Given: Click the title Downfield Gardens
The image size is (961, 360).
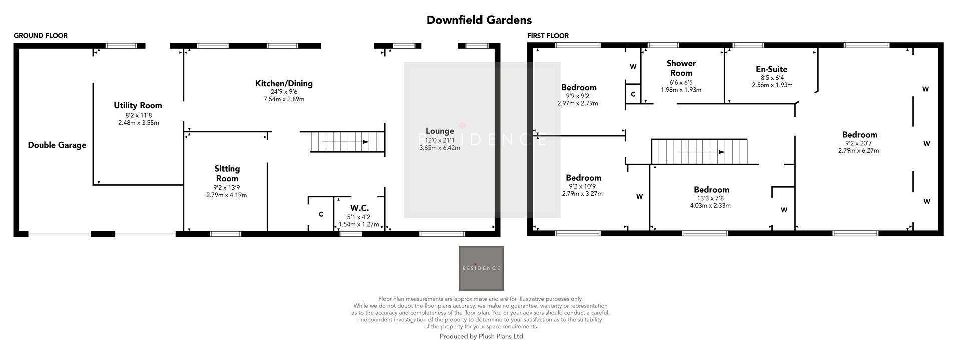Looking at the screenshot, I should point(479,20).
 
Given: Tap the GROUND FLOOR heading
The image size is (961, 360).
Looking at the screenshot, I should point(41,36).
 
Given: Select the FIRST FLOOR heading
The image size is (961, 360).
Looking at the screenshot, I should point(548,36).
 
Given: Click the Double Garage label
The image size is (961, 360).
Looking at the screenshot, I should point(57,145).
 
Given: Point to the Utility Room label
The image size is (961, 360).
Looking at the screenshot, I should point(138,106).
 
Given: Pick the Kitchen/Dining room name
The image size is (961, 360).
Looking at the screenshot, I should point(284,84).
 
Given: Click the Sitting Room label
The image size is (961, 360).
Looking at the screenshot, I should point(227,174).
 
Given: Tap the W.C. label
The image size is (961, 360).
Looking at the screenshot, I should point(359,208).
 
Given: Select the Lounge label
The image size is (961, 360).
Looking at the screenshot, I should point(440,131).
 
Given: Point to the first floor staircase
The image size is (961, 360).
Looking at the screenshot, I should point(699,152).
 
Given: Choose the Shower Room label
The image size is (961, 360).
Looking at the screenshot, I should point(681,68).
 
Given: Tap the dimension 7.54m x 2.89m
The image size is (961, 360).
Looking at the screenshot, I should point(284,99).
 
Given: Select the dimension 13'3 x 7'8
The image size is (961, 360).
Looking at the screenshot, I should point(711,198).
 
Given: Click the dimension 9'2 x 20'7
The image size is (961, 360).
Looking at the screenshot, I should point(859,143).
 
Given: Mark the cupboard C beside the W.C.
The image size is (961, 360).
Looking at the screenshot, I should point(321,214).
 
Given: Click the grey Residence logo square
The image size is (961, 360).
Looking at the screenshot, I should point(481,268).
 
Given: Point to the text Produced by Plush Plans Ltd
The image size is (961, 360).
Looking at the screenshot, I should point(481,337).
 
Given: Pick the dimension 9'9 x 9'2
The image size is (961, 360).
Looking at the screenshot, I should point(578,96).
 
